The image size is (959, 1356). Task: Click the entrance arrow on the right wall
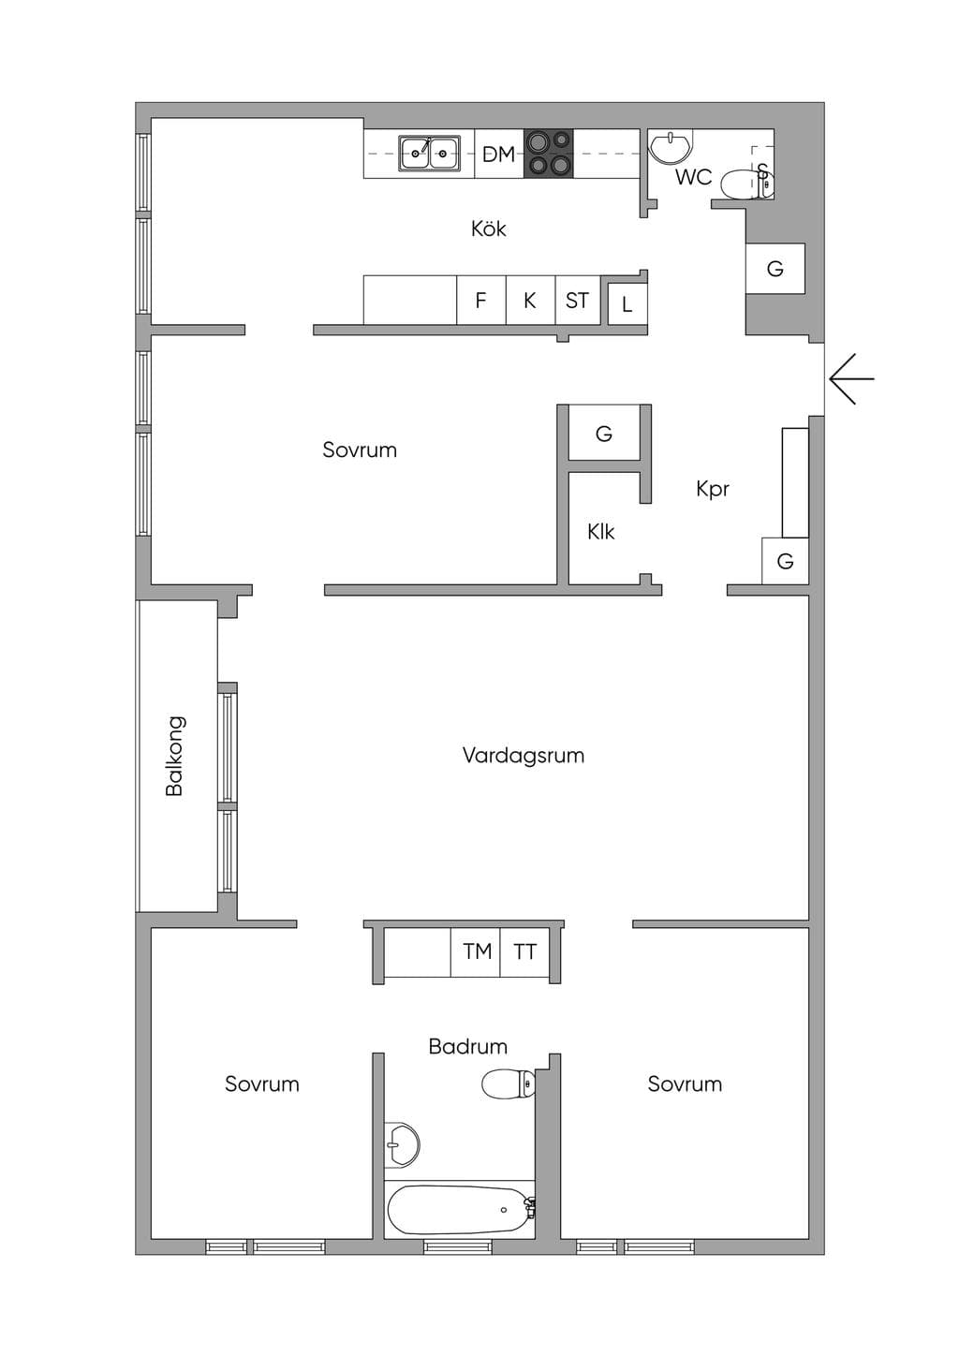point(851,379)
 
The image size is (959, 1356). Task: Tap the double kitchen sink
point(429,154)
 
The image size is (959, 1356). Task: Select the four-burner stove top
point(548,154)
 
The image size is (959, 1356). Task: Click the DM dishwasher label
point(499,155)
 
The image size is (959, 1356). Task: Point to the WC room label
point(694,177)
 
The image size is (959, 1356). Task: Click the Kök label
point(489,228)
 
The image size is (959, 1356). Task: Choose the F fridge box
point(481,301)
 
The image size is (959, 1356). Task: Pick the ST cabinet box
point(578,301)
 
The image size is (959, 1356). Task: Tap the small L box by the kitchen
point(627,304)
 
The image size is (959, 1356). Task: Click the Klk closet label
point(601,532)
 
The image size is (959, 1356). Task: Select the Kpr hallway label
point(713,489)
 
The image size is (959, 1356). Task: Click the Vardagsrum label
point(524,756)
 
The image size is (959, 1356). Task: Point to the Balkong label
point(174,756)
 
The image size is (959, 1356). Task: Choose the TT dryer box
point(524,952)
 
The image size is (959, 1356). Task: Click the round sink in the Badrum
point(403,1144)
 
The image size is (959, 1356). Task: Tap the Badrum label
point(468,1047)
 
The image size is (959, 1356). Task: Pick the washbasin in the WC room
point(671,147)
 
